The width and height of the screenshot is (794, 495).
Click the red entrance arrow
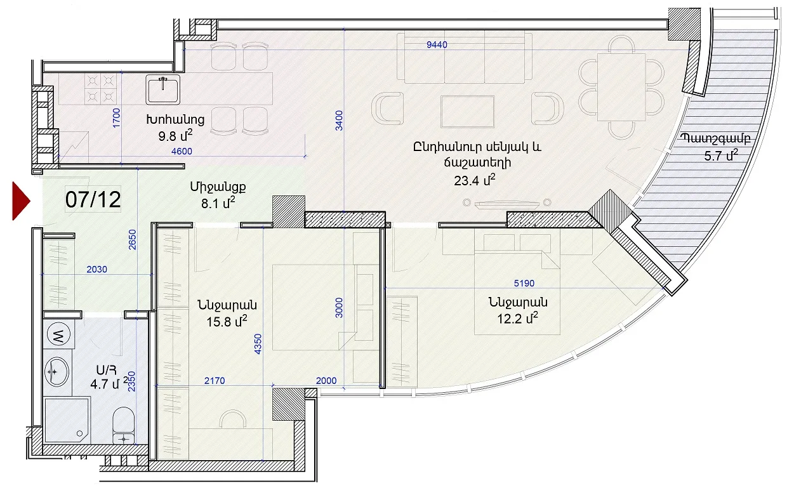click(20, 201)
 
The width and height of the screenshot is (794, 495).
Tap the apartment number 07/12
click(93, 199)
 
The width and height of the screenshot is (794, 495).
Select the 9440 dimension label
click(437, 44)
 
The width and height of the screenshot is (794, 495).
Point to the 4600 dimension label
click(182, 151)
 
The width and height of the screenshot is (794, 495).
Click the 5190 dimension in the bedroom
click(524, 283)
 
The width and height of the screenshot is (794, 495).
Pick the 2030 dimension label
click(96, 269)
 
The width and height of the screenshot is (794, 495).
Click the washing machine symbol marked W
click(58, 334)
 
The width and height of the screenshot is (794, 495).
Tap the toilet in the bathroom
click(123, 425)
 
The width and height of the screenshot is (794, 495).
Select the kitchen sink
click(162, 89)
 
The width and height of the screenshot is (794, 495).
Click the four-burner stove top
click(101, 89)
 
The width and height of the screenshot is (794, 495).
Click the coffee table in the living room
click(468, 111)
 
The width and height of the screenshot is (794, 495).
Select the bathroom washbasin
click(56, 371)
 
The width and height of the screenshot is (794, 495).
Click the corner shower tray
click(67, 419)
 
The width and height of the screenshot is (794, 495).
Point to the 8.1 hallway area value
click(218, 203)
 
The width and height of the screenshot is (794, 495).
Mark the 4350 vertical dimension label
click(258, 344)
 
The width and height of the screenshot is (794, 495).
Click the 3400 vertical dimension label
click(339, 121)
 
